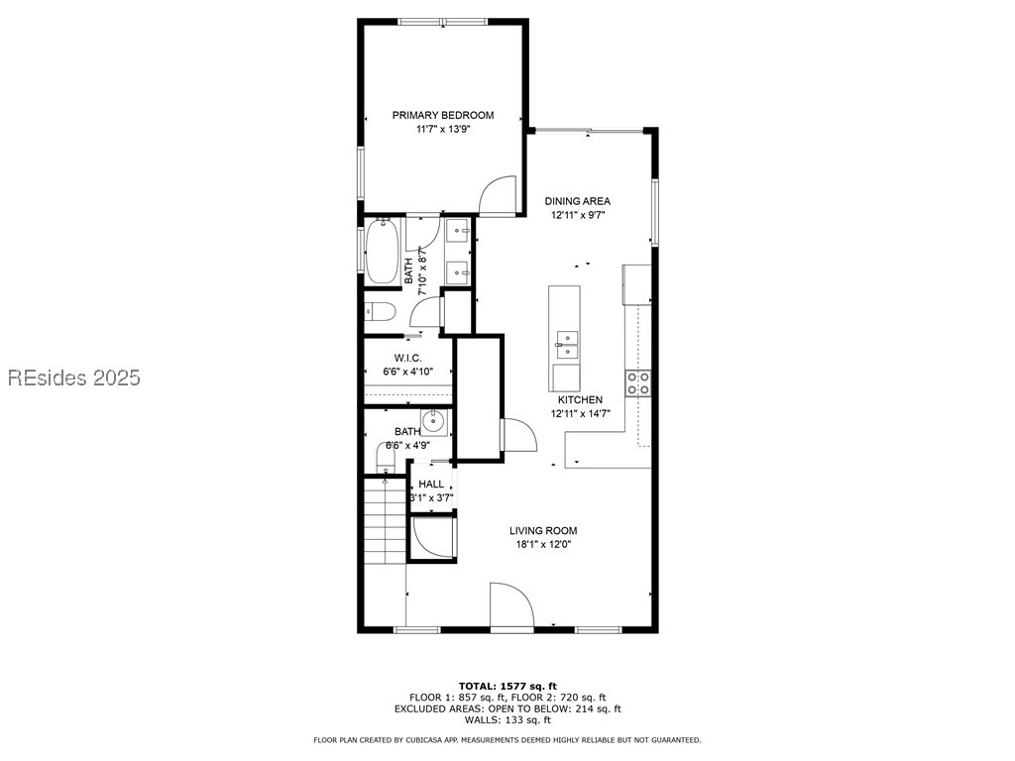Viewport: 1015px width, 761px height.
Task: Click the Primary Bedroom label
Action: tap(442, 115)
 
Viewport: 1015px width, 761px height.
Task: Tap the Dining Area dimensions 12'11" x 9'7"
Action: tap(577, 215)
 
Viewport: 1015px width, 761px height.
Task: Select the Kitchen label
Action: tap(580, 399)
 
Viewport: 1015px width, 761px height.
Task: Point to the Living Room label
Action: tap(543, 530)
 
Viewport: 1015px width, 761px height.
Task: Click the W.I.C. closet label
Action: tap(407, 358)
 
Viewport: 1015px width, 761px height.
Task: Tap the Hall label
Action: tap(431, 484)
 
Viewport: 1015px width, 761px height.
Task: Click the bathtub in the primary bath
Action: tap(383, 252)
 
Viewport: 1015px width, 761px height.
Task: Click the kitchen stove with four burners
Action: tap(637, 382)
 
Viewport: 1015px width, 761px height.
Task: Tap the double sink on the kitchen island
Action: tap(566, 344)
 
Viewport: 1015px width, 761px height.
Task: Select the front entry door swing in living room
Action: tap(510, 605)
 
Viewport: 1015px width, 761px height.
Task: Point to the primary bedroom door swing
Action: tap(498, 195)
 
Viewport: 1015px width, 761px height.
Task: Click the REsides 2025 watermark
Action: tap(74, 378)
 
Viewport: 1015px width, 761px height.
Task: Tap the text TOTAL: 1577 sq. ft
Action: tap(507, 686)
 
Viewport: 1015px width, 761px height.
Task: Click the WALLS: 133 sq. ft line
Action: tap(507, 720)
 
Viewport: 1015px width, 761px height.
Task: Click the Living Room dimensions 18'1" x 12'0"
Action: tap(543, 544)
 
